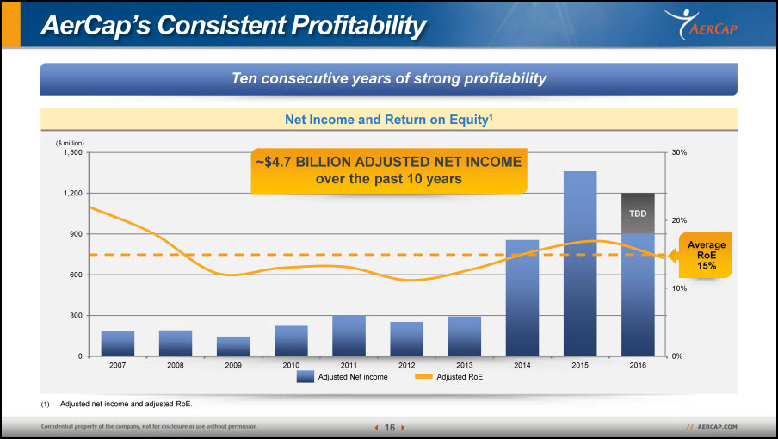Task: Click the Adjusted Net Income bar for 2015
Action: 580,263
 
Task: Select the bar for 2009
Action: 233,346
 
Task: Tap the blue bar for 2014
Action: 522,298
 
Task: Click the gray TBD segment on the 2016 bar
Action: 638,213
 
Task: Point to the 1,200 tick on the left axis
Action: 73,193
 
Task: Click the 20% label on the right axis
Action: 679,220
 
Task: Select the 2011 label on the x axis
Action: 349,365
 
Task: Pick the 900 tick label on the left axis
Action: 76,234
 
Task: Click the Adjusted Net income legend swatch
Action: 306,376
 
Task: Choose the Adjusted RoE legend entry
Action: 448,377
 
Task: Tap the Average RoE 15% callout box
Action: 705,256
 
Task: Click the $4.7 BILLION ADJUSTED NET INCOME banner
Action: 389,170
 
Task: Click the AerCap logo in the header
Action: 701,25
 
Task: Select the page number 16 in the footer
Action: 390,427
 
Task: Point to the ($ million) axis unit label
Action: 70,144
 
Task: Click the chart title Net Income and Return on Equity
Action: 388,120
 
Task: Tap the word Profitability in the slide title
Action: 358,25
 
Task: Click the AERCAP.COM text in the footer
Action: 717,427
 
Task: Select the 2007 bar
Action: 118,343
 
